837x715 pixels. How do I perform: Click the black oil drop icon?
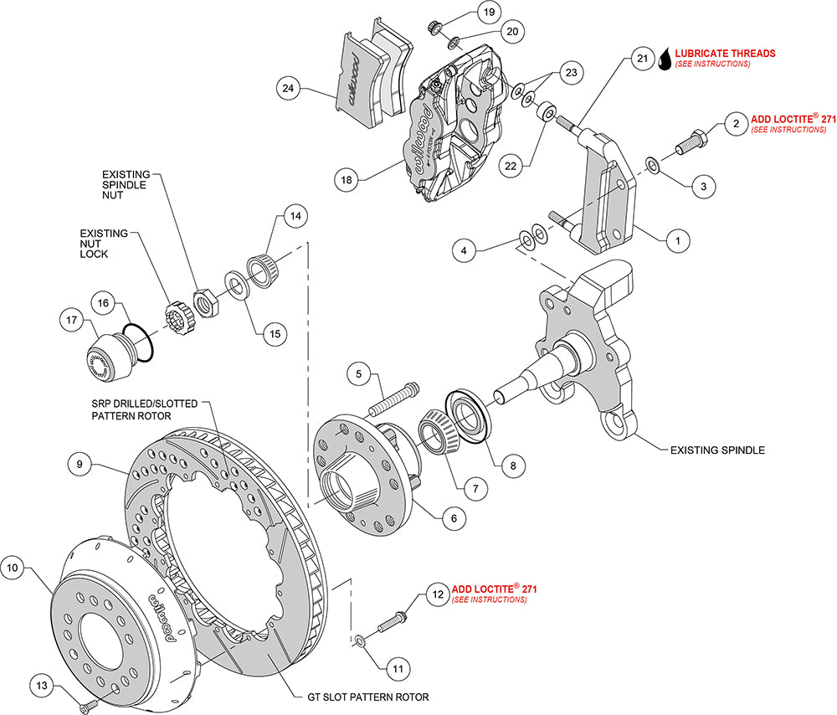point(665,58)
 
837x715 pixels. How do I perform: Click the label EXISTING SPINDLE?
point(717,450)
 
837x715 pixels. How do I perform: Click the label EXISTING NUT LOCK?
point(104,244)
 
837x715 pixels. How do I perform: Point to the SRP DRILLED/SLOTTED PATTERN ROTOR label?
point(145,409)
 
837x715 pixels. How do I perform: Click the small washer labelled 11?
point(360,640)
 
